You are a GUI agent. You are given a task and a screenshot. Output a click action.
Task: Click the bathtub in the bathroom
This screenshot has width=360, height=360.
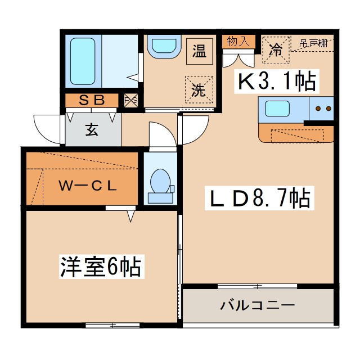tap(83, 61)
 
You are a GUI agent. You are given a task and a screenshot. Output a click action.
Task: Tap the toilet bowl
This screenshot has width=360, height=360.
tap(160, 181)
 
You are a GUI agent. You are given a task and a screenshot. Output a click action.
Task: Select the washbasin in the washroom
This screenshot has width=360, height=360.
tap(164, 46)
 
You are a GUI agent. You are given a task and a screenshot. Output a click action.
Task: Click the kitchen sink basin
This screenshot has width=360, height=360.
tap(277, 109)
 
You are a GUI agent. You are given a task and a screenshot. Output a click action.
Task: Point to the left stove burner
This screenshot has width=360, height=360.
tap(318, 109)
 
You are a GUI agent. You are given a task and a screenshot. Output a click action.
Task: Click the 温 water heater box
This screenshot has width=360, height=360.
tap(199, 51)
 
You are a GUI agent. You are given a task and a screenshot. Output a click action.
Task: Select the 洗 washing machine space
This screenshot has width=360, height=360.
tap(199, 90)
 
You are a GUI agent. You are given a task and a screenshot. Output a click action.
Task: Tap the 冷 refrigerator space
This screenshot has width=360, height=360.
tap(276, 50)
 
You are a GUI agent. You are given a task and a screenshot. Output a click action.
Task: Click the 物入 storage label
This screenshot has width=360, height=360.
tap(238, 42)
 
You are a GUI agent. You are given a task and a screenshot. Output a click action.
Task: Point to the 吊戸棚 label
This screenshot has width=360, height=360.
tap(313, 43)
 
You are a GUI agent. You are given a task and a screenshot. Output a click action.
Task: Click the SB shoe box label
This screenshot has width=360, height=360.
tap(92, 100)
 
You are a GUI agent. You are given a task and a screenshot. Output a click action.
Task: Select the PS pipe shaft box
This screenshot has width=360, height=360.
tap(131, 100)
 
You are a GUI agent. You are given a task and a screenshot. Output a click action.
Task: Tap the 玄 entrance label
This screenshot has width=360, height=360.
tap(92, 130)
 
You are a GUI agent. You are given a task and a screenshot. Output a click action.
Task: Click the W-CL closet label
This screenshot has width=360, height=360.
tap(88, 186)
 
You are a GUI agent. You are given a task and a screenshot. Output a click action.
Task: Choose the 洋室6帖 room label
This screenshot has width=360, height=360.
tap(101, 267)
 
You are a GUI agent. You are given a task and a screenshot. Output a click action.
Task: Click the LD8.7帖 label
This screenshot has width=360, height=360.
tap(260, 198)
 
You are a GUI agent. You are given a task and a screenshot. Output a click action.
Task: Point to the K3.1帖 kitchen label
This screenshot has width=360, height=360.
tap(276, 81)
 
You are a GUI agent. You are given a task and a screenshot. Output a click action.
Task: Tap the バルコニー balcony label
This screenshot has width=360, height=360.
tap(258, 305)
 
